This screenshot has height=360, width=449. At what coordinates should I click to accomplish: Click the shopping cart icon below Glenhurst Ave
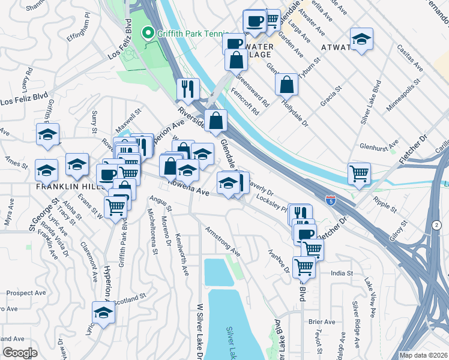(x=359, y=173)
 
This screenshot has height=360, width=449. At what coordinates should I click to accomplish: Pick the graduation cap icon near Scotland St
(x=103, y=313)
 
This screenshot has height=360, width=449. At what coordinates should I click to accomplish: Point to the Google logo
(x=19, y=353)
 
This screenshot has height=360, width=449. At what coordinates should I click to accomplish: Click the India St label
(x=341, y=274)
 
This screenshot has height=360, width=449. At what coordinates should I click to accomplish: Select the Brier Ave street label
(x=322, y=322)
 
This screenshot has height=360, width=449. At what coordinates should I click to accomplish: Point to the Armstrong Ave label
(x=222, y=241)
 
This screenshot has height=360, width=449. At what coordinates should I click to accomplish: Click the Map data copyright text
(x=423, y=355)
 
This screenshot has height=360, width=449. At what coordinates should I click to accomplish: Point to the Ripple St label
(x=385, y=204)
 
